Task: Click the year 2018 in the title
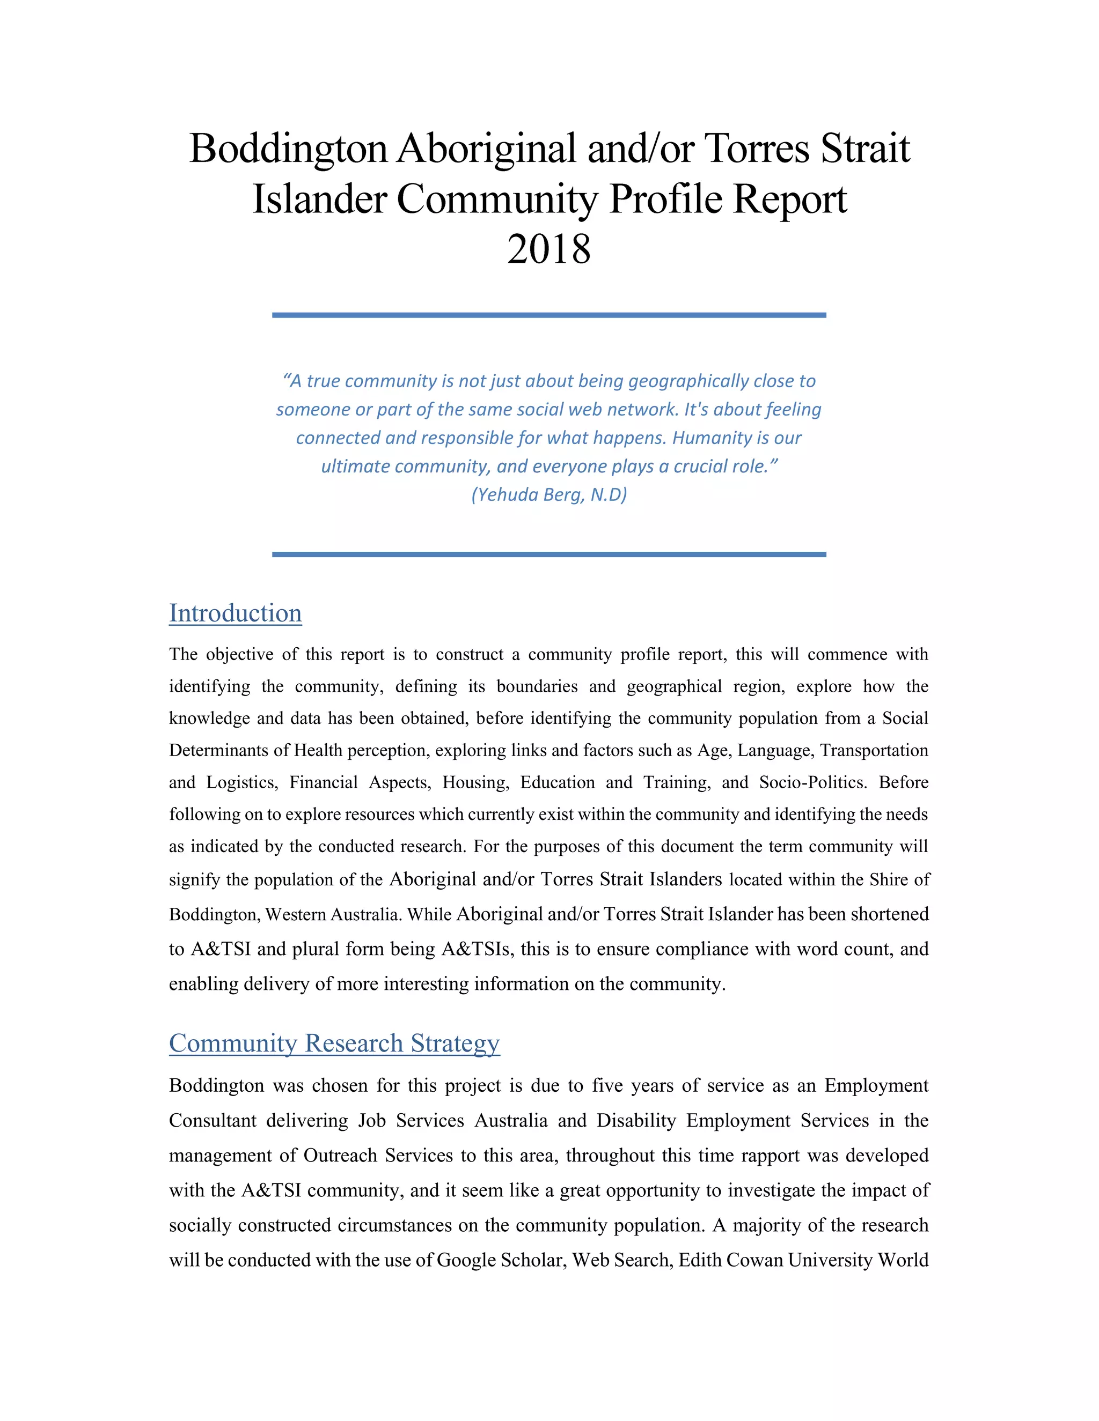[549, 249]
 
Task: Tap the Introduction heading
[235, 613]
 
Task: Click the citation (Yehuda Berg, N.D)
[549, 494]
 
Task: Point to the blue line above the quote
[549, 315]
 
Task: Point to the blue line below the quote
[549, 554]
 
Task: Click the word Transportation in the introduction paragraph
[874, 750]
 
